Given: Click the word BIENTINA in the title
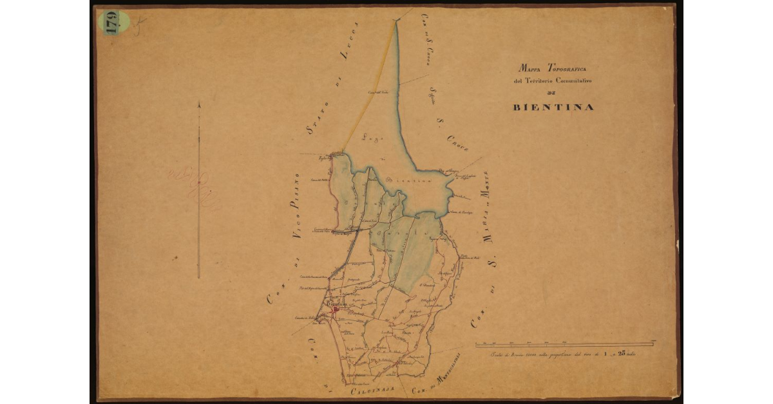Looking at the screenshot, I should [x=553, y=107].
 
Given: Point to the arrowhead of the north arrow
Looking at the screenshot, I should [x=199, y=105].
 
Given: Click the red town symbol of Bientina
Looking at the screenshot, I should [x=336, y=311].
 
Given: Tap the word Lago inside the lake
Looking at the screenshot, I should [x=369, y=136].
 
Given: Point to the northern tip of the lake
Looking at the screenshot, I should [x=396, y=21].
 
